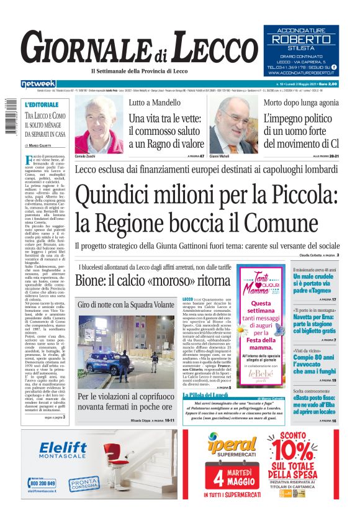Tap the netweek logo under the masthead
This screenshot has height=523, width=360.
[38, 83]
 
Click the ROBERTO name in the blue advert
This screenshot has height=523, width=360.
[300, 39]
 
